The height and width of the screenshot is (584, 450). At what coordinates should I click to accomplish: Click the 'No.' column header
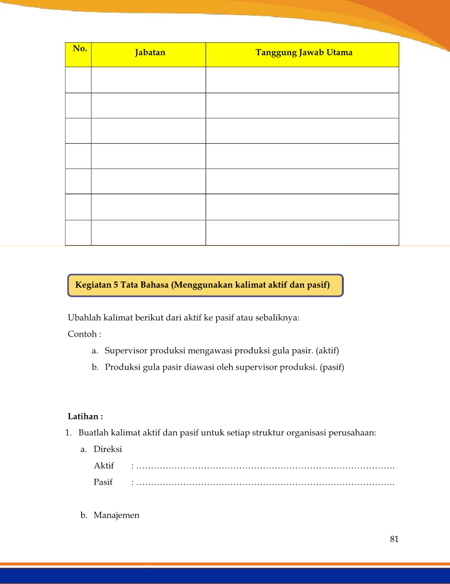pyautogui.click(x=80, y=49)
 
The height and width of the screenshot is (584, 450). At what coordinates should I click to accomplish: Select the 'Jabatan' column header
pyautogui.click(x=150, y=53)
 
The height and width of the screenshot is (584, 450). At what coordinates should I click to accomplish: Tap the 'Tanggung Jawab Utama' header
pyautogui.click(x=304, y=53)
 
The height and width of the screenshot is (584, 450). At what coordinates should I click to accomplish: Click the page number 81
pyautogui.click(x=394, y=539)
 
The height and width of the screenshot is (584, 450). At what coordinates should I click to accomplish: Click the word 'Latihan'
pyautogui.click(x=83, y=416)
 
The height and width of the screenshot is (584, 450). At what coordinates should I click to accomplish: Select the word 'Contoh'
pyautogui.click(x=82, y=334)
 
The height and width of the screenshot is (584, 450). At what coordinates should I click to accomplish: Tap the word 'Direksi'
pyautogui.click(x=107, y=449)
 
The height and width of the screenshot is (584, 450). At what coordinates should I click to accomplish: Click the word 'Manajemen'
pyautogui.click(x=116, y=515)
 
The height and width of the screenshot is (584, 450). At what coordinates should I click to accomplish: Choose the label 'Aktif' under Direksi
pyautogui.click(x=103, y=466)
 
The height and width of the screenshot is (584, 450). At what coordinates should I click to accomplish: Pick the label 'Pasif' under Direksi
pyautogui.click(x=103, y=482)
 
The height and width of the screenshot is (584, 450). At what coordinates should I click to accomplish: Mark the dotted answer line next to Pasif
pyautogui.click(x=265, y=484)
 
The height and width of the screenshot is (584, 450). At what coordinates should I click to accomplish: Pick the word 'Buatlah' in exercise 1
pyautogui.click(x=94, y=433)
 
